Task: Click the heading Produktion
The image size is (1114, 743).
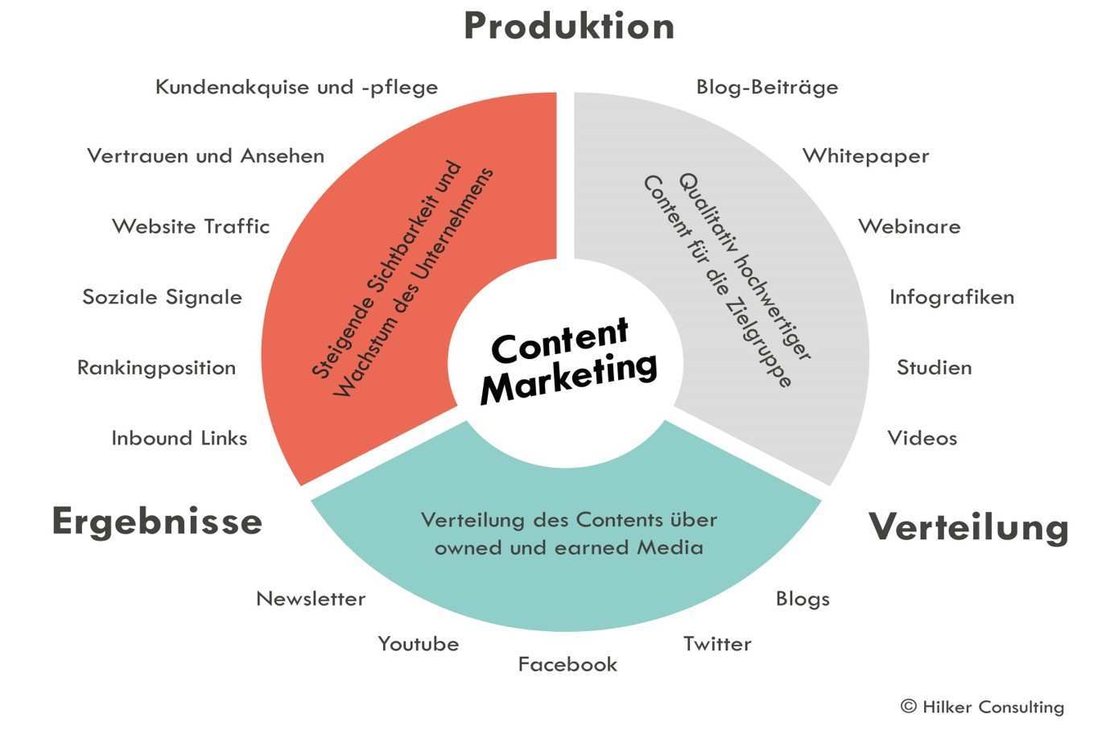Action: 569,26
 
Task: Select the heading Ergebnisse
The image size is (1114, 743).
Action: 157,522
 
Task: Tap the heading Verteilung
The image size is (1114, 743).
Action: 968,527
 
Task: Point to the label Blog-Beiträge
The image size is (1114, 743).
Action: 767,87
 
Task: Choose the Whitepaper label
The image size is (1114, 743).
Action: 865,156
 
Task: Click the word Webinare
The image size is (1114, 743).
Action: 909,226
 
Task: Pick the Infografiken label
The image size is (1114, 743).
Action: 951,297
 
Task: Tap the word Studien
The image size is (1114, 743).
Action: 934,368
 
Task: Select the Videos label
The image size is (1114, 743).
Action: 922,438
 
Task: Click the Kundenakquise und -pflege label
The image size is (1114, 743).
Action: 296,87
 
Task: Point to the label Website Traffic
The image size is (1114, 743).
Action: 191,226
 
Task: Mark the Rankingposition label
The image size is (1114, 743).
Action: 156,368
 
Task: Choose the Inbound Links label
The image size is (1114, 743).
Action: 179,438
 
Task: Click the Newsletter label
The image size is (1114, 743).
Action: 311,599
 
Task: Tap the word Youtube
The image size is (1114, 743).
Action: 418,644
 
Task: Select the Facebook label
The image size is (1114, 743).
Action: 567,664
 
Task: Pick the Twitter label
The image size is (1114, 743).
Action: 717,644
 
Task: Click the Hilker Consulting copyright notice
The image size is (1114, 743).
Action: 982,707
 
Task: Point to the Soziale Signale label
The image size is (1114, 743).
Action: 162,297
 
